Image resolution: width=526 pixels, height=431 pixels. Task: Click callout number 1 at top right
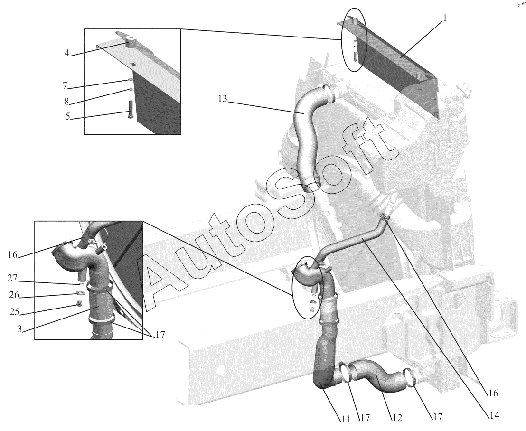coord(445,19)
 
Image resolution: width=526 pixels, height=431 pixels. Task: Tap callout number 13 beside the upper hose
coord(222,99)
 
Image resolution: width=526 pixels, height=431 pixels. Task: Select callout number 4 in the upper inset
coord(67,53)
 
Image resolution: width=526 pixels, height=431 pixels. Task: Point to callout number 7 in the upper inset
coord(65,86)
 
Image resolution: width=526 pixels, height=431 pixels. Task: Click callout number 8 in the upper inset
coord(66,101)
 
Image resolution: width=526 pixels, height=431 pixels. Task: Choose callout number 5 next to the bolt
coord(68,117)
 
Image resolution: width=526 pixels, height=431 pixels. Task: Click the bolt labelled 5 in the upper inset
coord(130,109)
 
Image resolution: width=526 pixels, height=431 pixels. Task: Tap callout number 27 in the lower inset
coord(12,278)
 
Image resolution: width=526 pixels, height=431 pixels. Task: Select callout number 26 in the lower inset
coord(14,295)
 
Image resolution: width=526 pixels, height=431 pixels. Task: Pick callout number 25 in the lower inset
coord(15,312)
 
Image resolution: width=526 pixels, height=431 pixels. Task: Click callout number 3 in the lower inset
coord(20,329)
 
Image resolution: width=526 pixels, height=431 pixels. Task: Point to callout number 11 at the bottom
coord(346,419)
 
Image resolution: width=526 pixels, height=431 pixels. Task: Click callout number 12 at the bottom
coord(397,418)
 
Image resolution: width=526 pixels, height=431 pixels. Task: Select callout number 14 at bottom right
coord(494,415)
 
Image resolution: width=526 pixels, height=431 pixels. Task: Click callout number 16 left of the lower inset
coord(12,255)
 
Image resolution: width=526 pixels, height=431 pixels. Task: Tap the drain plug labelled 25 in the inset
coord(79,304)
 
